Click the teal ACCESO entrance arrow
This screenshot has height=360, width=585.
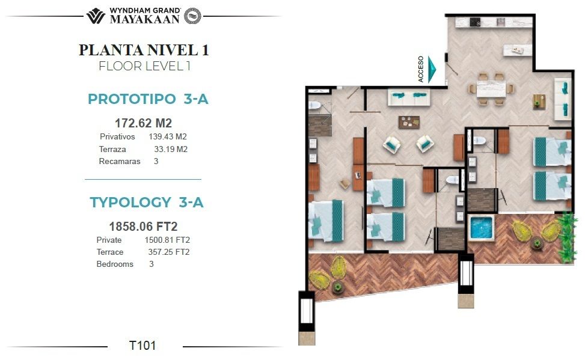tap(432, 69)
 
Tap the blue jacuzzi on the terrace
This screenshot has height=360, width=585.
tap(481, 227)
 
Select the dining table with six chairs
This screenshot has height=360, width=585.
tap(491, 89)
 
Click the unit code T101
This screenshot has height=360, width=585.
tap(142, 346)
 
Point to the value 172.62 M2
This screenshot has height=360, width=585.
tap(143, 123)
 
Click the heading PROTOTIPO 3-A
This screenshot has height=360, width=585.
tap(148, 99)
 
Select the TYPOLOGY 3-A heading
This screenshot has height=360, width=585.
tap(147, 202)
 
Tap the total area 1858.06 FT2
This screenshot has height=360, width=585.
tap(143, 226)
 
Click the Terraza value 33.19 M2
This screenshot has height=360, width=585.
tap(171, 149)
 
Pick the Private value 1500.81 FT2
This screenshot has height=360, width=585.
tap(167, 240)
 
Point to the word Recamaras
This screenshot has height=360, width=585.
tap(120, 162)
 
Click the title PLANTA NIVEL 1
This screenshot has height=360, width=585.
tap(144, 50)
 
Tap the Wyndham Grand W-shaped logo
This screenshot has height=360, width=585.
tap(96, 16)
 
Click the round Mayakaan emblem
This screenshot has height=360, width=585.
tap(192, 16)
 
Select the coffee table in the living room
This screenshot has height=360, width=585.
tap(409, 122)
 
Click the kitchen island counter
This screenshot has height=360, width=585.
tap(518, 50)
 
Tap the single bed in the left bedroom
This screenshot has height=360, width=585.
tap(326, 221)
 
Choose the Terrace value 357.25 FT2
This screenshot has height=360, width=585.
tap(168, 252)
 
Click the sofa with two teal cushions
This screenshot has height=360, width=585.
tap(409, 97)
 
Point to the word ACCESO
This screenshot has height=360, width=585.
tap(421, 69)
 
